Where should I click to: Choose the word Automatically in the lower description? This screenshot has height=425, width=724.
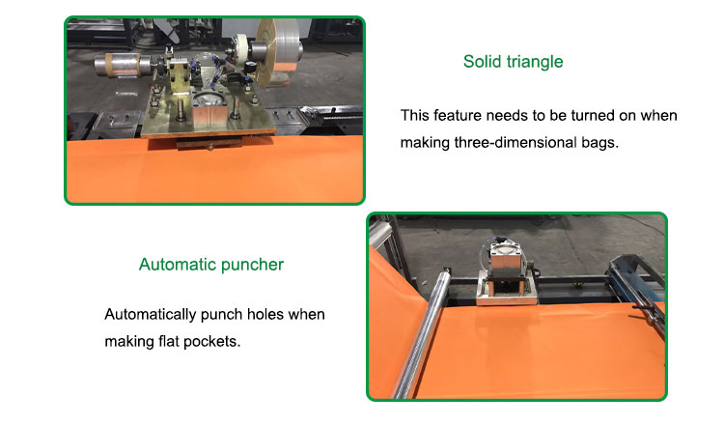tap(150, 315)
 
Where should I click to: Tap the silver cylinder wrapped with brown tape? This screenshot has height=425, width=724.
tap(122, 65)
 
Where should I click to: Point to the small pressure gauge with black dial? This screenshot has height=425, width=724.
tap(250, 67)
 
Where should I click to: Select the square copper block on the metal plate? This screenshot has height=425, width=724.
tap(209, 118)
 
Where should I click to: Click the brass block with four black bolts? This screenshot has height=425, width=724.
tap(180, 77)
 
